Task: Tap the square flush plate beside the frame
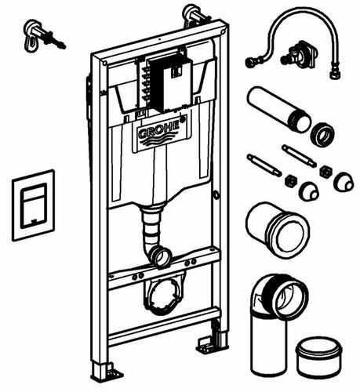click(x=34, y=205)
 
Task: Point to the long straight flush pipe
click(x=278, y=109)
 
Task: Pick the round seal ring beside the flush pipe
click(x=322, y=135)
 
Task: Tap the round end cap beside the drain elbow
click(x=319, y=358)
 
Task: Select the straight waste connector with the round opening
click(x=278, y=230)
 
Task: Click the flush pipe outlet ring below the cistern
click(x=163, y=257)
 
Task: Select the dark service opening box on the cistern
click(x=169, y=83)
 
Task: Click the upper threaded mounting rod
click(x=300, y=156)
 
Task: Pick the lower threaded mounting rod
click(x=264, y=165)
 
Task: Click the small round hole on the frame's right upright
click(x=216, y=194)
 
